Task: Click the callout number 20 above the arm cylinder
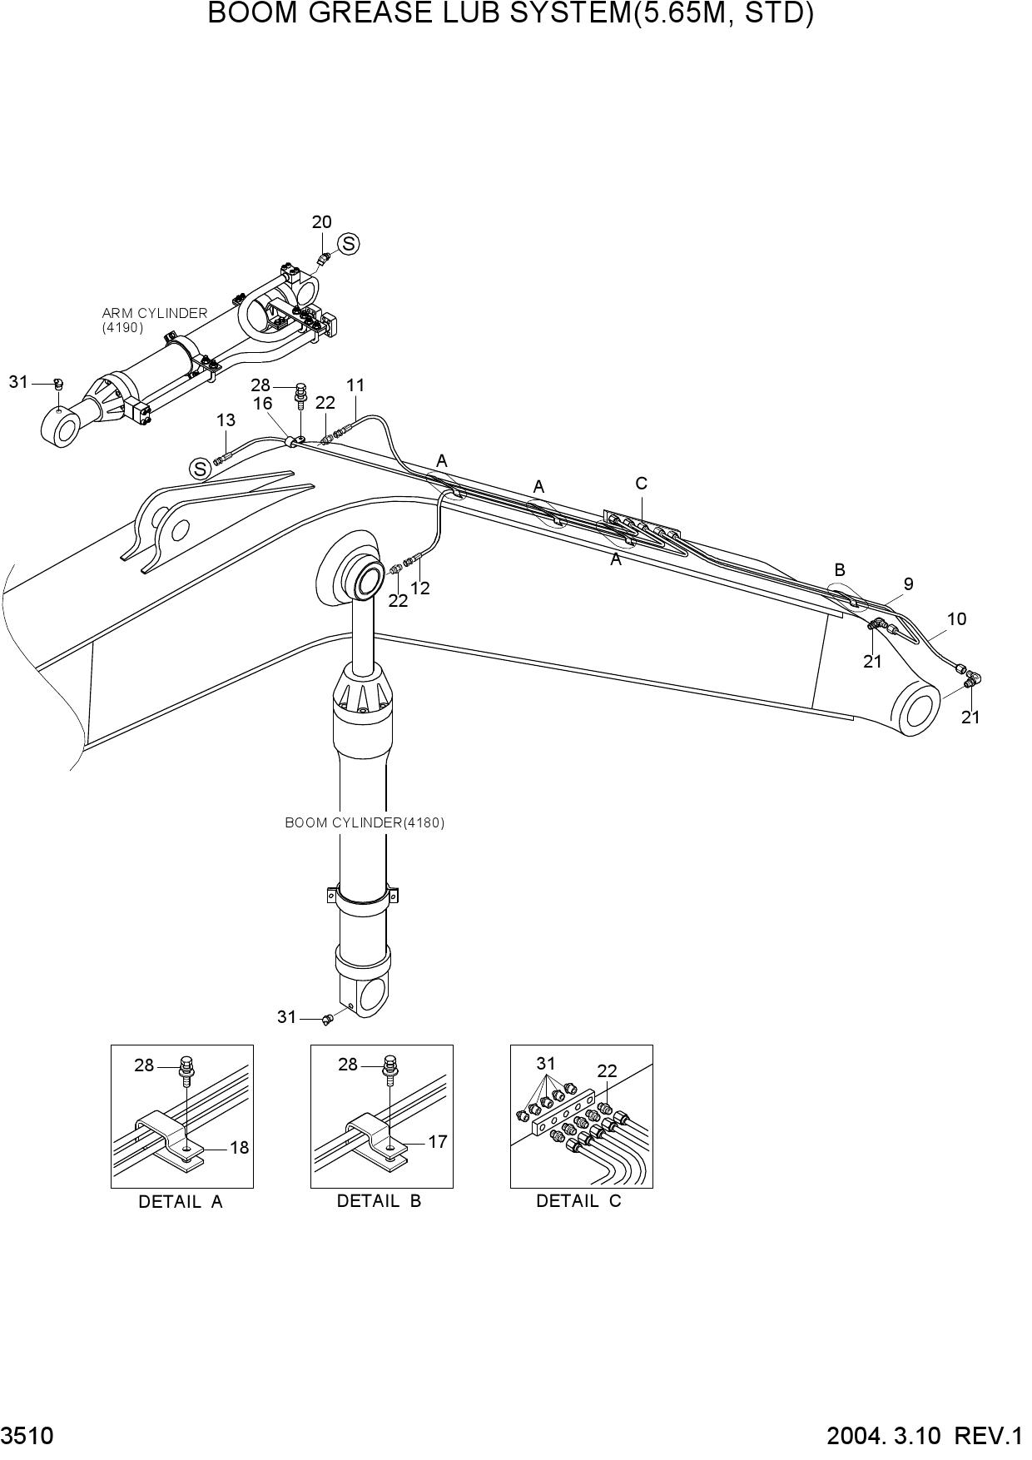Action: point(321,221)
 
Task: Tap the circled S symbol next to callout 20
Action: point(349,244)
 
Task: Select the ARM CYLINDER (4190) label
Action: point(154,320)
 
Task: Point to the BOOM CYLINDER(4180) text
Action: point(365,822)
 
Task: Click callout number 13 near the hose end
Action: point(226,421)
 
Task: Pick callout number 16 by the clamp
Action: point(263,404)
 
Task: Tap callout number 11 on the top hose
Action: point(355,385)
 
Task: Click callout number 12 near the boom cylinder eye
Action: point(420,588)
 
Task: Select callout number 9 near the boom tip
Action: point(909,584)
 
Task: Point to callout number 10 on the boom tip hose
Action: point(956,618)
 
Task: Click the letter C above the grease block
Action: point(641,484)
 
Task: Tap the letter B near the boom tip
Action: point(840,570)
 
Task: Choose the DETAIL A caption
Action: point(181,1202)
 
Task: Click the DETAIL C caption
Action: point(578,1201)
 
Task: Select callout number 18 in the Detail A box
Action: point(239,1148)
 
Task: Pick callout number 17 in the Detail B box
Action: point(438,1142)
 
